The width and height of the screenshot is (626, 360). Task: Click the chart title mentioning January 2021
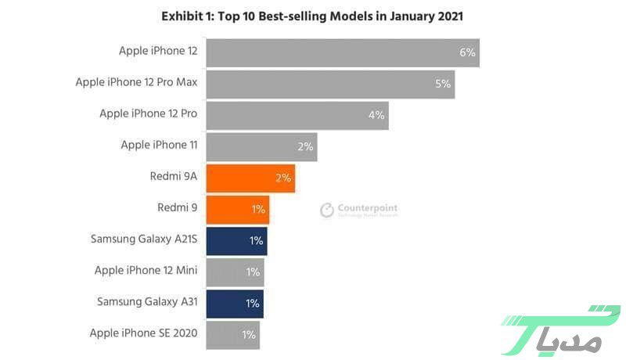312,16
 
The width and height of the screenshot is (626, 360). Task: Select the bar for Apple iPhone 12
342,52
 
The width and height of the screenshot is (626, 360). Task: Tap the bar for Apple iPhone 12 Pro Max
329,83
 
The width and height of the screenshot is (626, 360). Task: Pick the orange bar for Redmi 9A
250,178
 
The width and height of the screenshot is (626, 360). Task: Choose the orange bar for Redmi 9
237,209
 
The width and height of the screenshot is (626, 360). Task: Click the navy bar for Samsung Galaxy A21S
236,240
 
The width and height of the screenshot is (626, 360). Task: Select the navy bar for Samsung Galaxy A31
235,303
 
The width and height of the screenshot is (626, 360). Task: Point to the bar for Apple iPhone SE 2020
232,334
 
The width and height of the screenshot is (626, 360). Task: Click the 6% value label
467,52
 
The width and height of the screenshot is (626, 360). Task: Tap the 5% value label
443,84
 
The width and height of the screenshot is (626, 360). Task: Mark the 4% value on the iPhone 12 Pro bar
376,115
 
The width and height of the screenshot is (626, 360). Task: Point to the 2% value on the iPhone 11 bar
305,146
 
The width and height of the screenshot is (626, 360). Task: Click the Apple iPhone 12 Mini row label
146,271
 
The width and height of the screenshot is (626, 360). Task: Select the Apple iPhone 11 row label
159,145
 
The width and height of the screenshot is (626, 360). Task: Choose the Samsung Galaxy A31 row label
147,301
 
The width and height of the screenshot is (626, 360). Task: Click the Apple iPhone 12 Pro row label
148,113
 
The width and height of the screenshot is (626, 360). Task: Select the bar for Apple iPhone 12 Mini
235,272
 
